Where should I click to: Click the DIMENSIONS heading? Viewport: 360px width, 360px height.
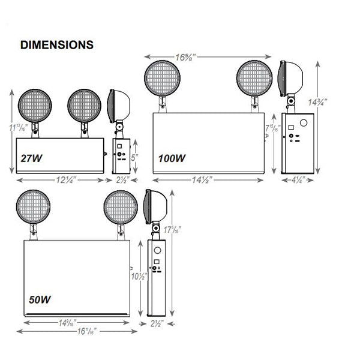[x=56, y=44]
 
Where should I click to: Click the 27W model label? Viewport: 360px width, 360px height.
[x=31, y=159]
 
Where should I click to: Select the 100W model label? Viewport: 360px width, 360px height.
[x=172, y=159]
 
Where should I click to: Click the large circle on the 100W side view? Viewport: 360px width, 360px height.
[x=304, y=124]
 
